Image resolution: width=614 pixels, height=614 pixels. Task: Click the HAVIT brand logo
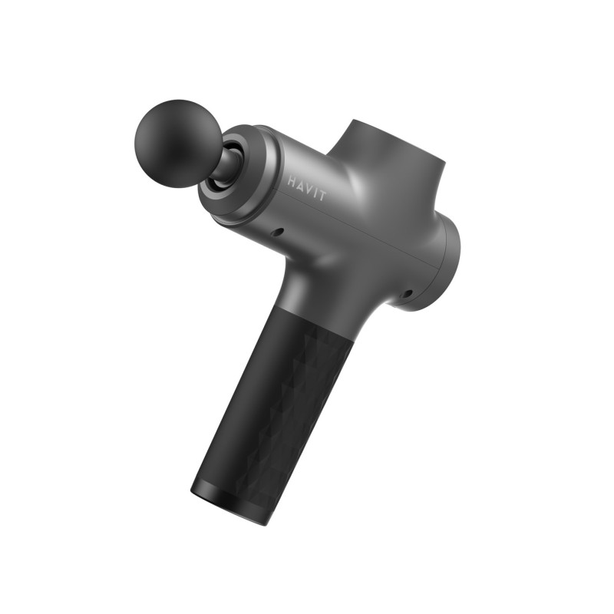pyautogui.click(x=306, y=189)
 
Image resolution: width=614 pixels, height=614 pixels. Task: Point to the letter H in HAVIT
pyautogui.click(x=292, y=182)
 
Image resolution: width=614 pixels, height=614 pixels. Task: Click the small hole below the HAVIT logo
pyautogui.click(x=279, y=231)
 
